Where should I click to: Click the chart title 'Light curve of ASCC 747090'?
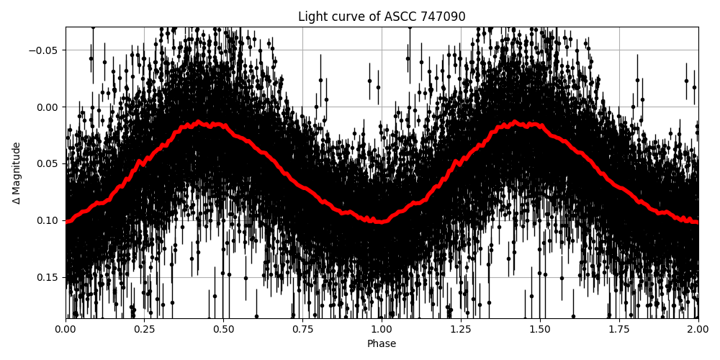382,17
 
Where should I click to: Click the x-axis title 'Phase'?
382,343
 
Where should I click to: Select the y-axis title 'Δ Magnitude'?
16,173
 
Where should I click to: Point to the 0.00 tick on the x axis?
66,329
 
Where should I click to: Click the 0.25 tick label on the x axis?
145,329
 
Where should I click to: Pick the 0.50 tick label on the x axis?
223,329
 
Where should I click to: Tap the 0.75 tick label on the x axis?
302,329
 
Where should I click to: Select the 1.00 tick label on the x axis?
382,329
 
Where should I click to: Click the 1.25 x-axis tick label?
461,329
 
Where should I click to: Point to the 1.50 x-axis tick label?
540,329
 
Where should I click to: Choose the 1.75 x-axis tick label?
619,329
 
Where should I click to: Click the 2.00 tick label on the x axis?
698,329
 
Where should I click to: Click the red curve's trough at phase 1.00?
382,221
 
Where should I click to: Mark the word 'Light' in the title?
312,17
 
